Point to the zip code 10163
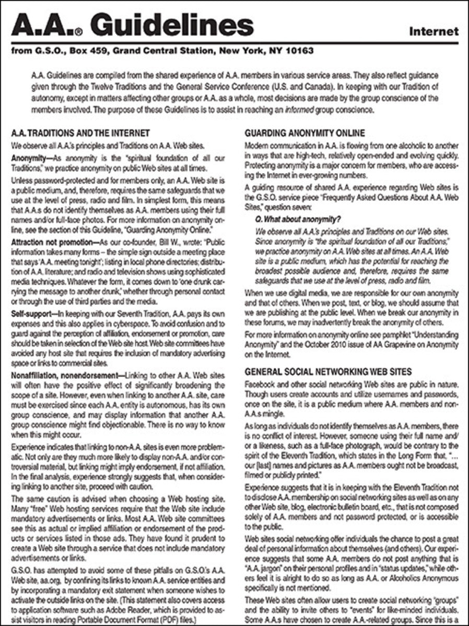299,51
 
